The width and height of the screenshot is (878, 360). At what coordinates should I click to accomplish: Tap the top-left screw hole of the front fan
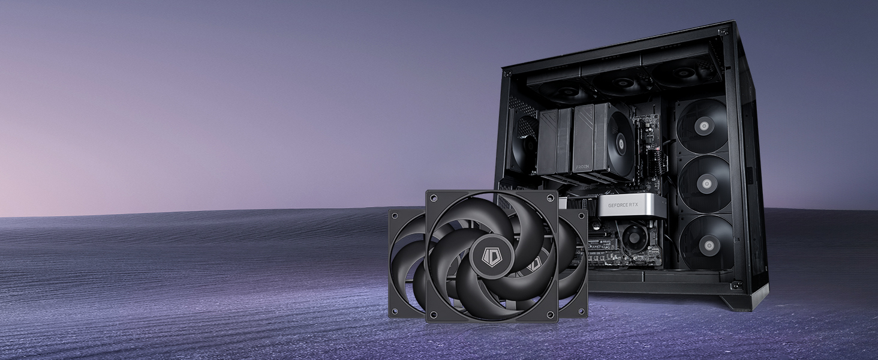[434, 198]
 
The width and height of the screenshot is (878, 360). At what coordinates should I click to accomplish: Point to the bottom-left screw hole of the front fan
[434, 315]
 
